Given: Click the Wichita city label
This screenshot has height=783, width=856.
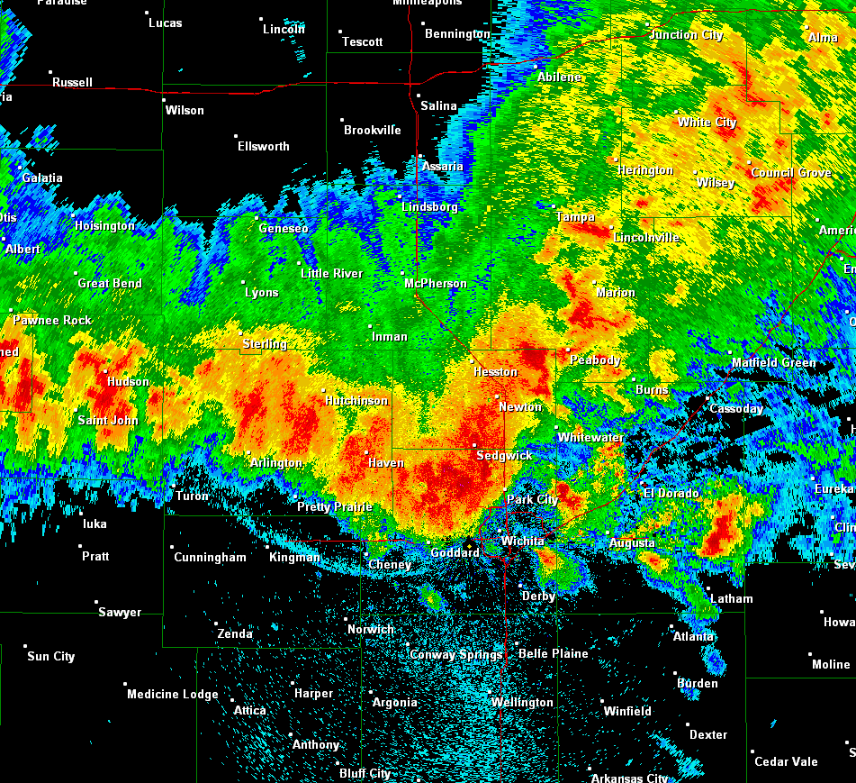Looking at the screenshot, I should coord(523,541).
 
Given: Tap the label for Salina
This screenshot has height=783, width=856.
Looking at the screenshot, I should coord(438,106).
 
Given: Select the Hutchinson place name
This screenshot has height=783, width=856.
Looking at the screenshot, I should coord(356,400).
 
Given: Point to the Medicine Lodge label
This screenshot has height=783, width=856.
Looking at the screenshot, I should coord(173,694).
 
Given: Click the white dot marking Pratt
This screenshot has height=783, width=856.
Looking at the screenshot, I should coord(80,546).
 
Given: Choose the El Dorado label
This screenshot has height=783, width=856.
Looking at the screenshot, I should coord(672,493).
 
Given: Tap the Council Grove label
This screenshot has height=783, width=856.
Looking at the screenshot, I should coord(791,172).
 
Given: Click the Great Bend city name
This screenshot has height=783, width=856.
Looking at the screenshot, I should coord(110,283).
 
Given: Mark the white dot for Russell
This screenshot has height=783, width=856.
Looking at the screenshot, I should coord(50,72).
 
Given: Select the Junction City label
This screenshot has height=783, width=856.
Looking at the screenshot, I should coord(686,34).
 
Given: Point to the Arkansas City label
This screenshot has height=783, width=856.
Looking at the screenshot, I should coord(629,778).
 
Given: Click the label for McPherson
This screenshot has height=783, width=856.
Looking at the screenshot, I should coord(436,283).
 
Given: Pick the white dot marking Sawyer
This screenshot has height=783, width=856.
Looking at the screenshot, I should coord(95,602).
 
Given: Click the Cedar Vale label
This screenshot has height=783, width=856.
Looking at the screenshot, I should coord(786,761).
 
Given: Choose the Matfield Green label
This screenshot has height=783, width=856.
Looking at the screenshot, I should coord(773,363).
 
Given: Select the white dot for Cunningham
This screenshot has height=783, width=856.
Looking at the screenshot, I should coord(172,545).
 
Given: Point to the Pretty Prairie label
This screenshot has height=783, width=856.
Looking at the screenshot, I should coord(335,506).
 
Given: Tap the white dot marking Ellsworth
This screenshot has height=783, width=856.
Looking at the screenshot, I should coord(236,135).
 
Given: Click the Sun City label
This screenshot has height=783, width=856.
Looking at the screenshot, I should coord(51,656).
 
